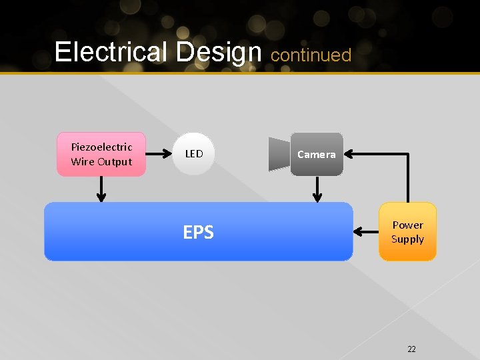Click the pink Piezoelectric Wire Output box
tap(101, 155)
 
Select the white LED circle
tap(194, 154)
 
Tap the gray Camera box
tap(317, 155)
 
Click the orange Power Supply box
tap(407, 232)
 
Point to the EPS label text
tap(198, 232)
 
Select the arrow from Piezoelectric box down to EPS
tap(101, 189)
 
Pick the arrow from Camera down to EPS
tap(317, 189)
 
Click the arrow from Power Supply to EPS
tap(366, 232)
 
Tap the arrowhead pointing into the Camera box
tap(349, 154)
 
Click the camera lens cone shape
tap(279, 154)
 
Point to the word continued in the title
tap(311, 55)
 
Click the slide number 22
tap(411, 349)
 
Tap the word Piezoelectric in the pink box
tap(101, 147)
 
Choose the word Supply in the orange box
tap(407, 239)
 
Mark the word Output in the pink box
tap(115, 162)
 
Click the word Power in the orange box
tap(407, 225)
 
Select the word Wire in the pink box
tap(83, 162)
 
